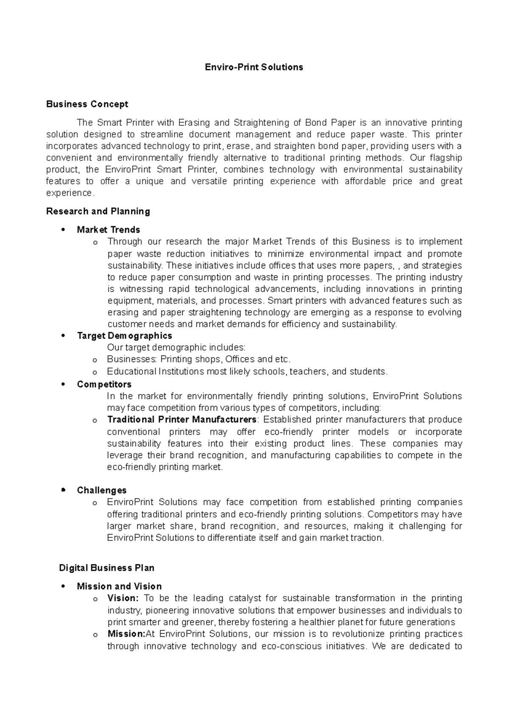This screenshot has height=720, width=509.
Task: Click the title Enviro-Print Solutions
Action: (254, 67)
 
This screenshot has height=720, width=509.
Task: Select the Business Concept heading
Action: (87, 104)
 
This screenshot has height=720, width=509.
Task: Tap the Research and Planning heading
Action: (98, 211)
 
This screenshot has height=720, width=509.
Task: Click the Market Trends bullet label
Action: (108, 230)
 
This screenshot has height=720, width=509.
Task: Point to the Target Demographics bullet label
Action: (124, 336)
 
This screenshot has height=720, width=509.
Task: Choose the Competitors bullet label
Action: (104, 384)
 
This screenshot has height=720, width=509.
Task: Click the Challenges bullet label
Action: (102, 490)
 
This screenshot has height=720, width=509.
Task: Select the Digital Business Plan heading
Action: (106, 568)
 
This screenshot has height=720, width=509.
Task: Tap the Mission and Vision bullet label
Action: (119, 586)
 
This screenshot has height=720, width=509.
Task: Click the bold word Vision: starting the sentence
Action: (123, 598)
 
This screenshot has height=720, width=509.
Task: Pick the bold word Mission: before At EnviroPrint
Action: (126, 634)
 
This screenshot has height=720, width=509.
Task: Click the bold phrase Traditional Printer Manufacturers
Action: (182, 419)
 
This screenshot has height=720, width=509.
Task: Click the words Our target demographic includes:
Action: (176, 347)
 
